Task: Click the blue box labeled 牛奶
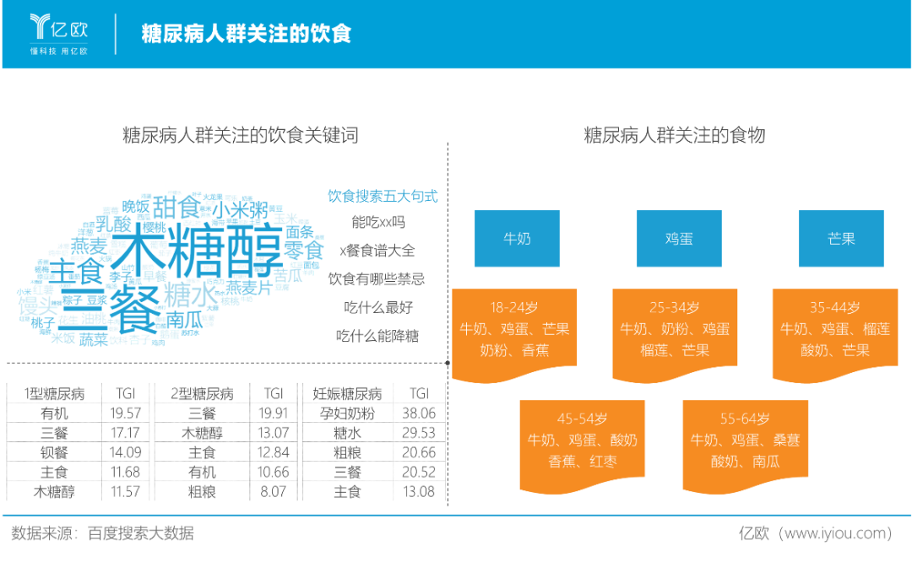pos(517,239)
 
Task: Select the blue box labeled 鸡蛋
pos(679,239)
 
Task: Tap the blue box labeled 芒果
pos(841,239)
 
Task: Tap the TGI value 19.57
pos(125,414)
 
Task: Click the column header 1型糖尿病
pos(53,394)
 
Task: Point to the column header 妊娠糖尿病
pos(348,394)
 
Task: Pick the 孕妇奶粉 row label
pos(348,414)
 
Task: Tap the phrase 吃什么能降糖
pos(377,336)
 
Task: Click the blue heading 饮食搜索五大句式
pos(383,196)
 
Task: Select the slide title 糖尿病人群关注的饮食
pos(246,34)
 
